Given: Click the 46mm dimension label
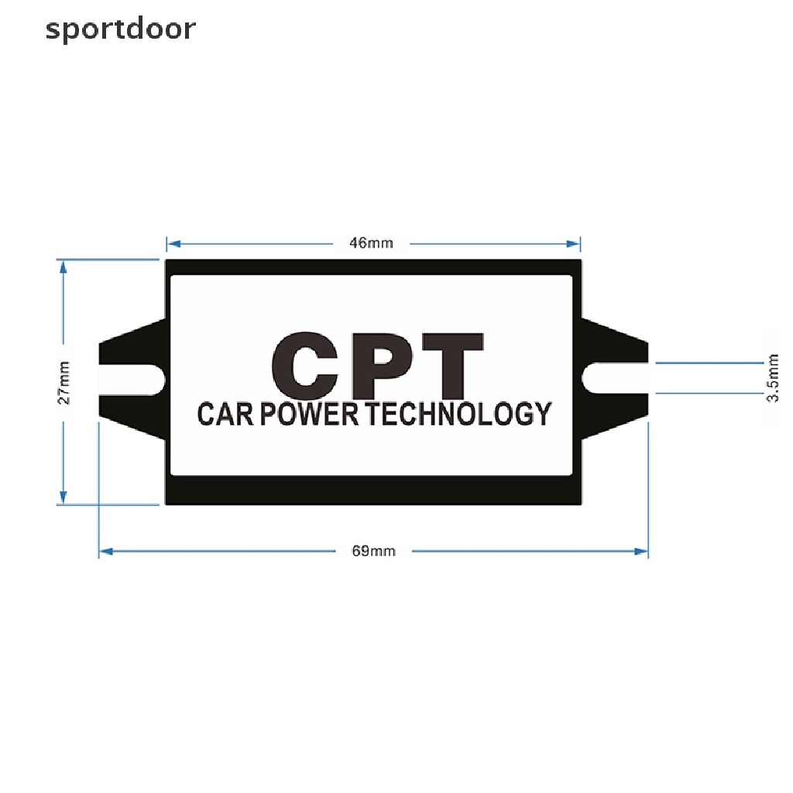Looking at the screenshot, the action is (371, 243).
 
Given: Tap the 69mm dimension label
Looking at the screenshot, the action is (374, 551).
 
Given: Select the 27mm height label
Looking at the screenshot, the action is (64, 383).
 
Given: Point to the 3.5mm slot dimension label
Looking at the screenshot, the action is (772, 378).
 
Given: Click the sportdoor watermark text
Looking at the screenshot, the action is (120, 29).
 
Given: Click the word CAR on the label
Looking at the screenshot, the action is (225, 414).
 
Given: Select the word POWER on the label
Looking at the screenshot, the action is (310, 414).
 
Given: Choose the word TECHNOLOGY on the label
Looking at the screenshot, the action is (458, 414).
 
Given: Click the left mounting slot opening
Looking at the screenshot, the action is (132, 379).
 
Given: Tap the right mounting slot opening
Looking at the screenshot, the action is (615, 378).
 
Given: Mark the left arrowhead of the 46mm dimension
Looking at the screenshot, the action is (173, 244).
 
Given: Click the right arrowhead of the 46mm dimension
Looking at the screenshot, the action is (574, 244).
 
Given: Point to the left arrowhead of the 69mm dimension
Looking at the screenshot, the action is (105, 551).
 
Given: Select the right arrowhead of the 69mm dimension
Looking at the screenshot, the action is (641, 551).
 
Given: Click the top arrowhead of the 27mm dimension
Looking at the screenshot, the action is (64, 267).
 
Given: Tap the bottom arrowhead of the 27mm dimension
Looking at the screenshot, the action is (64, 497).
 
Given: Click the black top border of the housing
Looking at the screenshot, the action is (373, 267).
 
